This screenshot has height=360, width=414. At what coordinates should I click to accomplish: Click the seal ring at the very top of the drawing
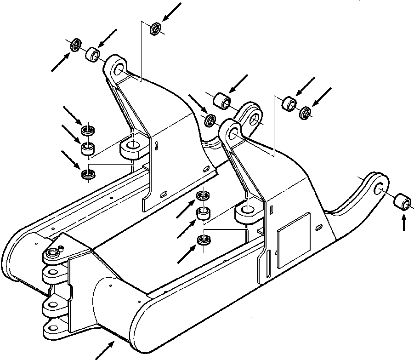pos(156,29)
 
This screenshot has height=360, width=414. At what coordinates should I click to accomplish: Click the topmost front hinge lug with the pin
pos(55,251)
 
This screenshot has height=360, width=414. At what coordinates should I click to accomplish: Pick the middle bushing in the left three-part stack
pos(88,148)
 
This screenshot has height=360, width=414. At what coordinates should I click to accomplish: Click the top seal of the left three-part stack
pos(88,130)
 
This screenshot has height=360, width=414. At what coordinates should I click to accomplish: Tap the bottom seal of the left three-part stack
pos(87,175)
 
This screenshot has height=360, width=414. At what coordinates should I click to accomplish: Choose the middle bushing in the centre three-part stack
pos(203,213)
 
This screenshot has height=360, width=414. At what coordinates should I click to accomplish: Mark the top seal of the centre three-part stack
pos(202,196)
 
